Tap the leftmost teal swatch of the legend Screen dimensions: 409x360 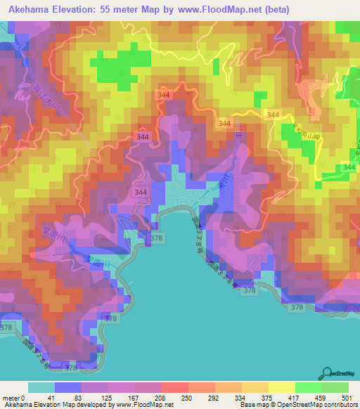tap(41, 387)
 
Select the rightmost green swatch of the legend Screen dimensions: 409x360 tap(335, 387)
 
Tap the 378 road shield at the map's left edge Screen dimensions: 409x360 tap(6, 328)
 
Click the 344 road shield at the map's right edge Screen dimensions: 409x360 tap(349, 167)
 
